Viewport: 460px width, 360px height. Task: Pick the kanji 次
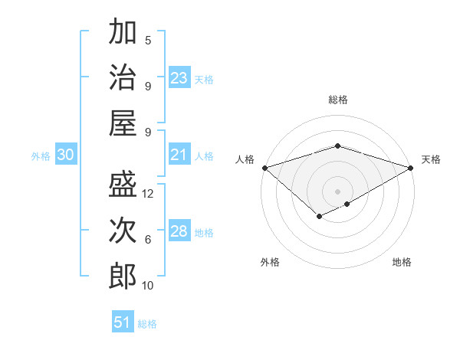point(123,231)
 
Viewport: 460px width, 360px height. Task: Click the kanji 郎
point(123,276)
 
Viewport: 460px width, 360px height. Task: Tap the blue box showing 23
point(179,78)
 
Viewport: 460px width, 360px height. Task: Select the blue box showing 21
point(179,155)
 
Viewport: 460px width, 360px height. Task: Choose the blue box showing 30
point(66,155)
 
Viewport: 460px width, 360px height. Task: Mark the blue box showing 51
point(123,322)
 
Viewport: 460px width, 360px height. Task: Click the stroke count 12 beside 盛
point(149,194)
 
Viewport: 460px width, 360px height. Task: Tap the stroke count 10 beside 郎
point(149,286)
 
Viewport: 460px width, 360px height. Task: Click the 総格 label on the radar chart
point(337,100)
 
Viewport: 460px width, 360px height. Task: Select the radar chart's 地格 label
point(402,262)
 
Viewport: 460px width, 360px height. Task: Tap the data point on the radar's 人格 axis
point(264,168)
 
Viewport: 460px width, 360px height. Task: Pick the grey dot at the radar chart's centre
point(337,191)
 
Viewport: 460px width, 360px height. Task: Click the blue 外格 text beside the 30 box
point(41,156)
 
